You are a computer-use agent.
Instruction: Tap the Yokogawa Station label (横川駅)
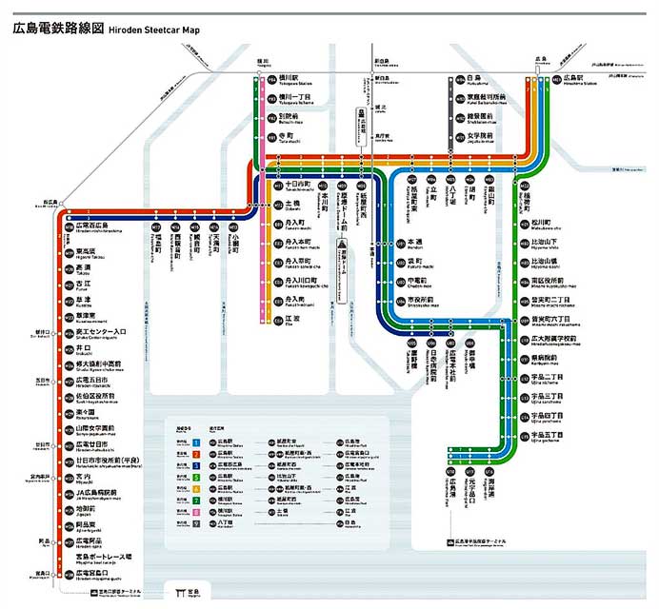pyautogui.click(x=289, y=76)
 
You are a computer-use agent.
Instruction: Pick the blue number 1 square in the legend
pyautogui.click(x=195, y=442)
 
